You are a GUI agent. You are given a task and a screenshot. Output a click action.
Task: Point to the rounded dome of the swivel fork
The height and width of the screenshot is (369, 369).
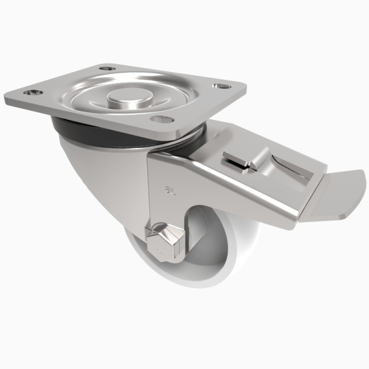[x=92, y=178]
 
